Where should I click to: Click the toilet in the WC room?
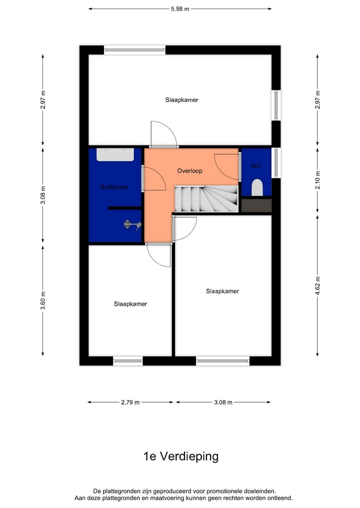pos(257,187)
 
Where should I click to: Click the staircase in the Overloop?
pos(205,198)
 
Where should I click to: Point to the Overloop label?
pos(189,171)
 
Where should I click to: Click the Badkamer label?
pos(114,187)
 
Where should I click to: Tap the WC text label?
pos(255,166)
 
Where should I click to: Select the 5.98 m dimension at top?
pos(180,8)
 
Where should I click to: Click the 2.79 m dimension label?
pos(130,402)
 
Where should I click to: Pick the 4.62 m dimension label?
pos(318,286)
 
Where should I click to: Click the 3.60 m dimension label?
pos(43,300)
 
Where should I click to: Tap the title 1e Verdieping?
pos(180,456)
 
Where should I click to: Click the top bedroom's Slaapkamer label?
pos(182,100)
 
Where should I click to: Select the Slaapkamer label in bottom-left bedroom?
pos(130,304)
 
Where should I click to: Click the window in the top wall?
pos(134,49)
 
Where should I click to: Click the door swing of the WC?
pos(227,166)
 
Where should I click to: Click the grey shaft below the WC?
pos(256,205)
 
